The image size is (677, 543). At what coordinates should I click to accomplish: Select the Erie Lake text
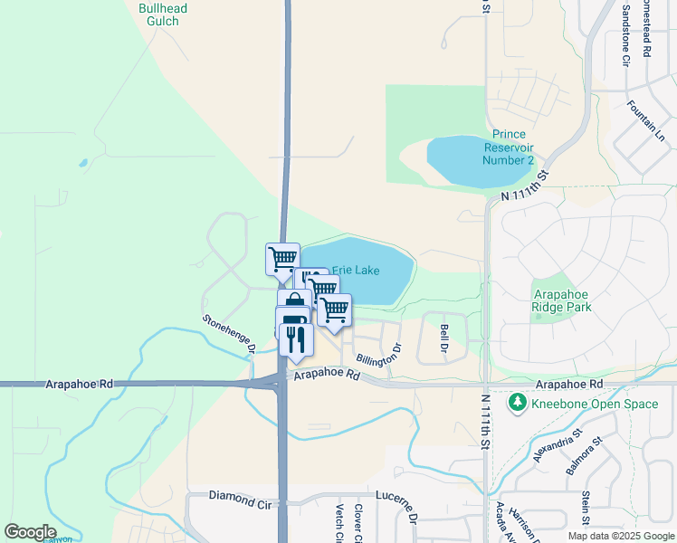pyautogui.click(x=356, y=270)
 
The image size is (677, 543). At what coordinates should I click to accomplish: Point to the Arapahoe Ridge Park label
pyautogui.click(x=562, y=300)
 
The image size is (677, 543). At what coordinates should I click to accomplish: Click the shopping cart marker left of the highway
pyautogui.click(x=282, y=259)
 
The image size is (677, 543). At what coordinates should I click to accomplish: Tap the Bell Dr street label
pyautogui.click(x=444, y=338)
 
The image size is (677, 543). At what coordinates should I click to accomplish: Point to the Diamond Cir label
pyautogui.click(x=240, y=496)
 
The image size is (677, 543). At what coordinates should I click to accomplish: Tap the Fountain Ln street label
pyautogui.click(x=646, y=119)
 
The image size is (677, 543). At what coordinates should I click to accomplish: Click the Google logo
pyautogui.click(x=30, y=532)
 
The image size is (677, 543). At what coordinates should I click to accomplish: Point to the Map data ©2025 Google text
pyautogui.click(x=620, y=536)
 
